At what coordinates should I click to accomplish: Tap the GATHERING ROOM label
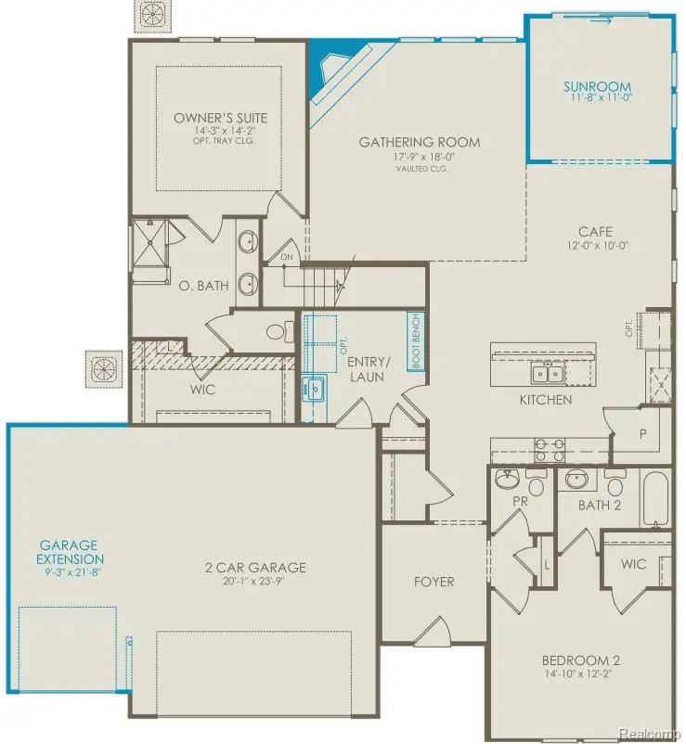coord(420,142)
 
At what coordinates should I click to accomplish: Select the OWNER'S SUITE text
coord(220,118)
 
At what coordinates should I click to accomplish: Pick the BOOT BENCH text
coord(416,340)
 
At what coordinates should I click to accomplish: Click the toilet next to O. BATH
coord(277,330)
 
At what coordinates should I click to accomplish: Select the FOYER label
coord(434,582)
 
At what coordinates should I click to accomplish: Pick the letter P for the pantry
coord(642,432)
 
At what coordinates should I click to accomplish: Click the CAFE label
coord(595,232)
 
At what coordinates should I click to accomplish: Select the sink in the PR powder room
coord(507,481)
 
